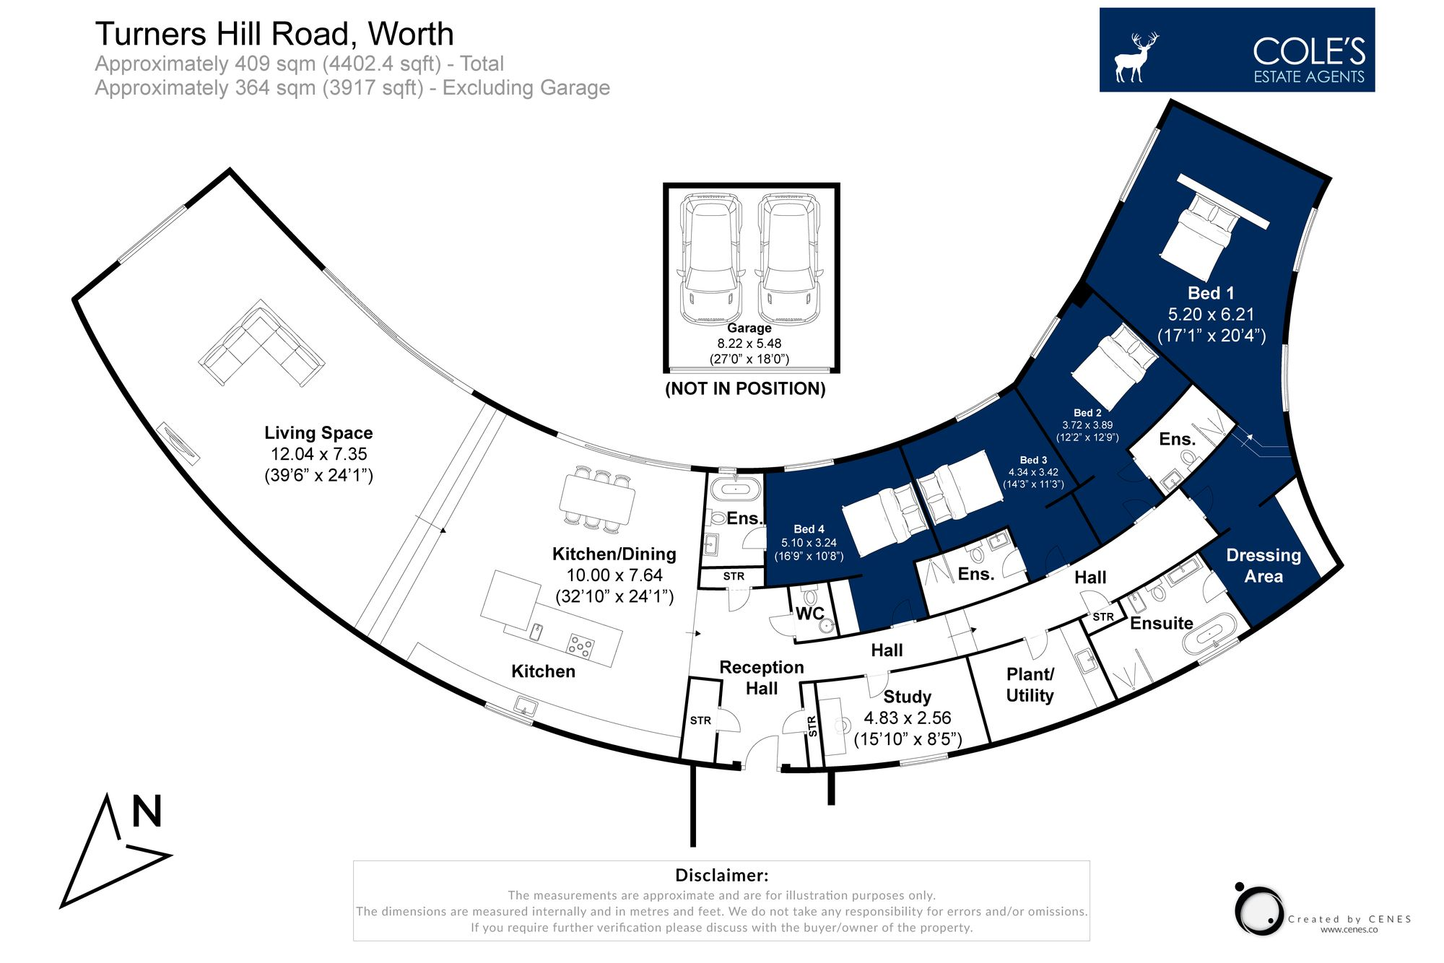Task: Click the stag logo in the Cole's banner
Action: (1135, 56)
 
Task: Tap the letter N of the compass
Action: (147, 811)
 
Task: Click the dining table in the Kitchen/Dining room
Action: (597, 499)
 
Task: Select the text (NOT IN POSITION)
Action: (745, 388)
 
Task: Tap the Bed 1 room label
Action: (1211, 293)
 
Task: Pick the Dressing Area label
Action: (1263, 565)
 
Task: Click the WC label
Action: (809, 614)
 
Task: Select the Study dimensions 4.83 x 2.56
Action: (908, 718)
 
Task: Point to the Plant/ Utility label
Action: (1030, 684)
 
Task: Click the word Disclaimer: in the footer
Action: (721, 875)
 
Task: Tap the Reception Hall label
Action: (762, 677)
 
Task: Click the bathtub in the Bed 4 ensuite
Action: (736, 489)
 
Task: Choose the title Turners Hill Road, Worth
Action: (274, 34)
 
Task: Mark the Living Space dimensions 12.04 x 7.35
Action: (318, 454)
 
